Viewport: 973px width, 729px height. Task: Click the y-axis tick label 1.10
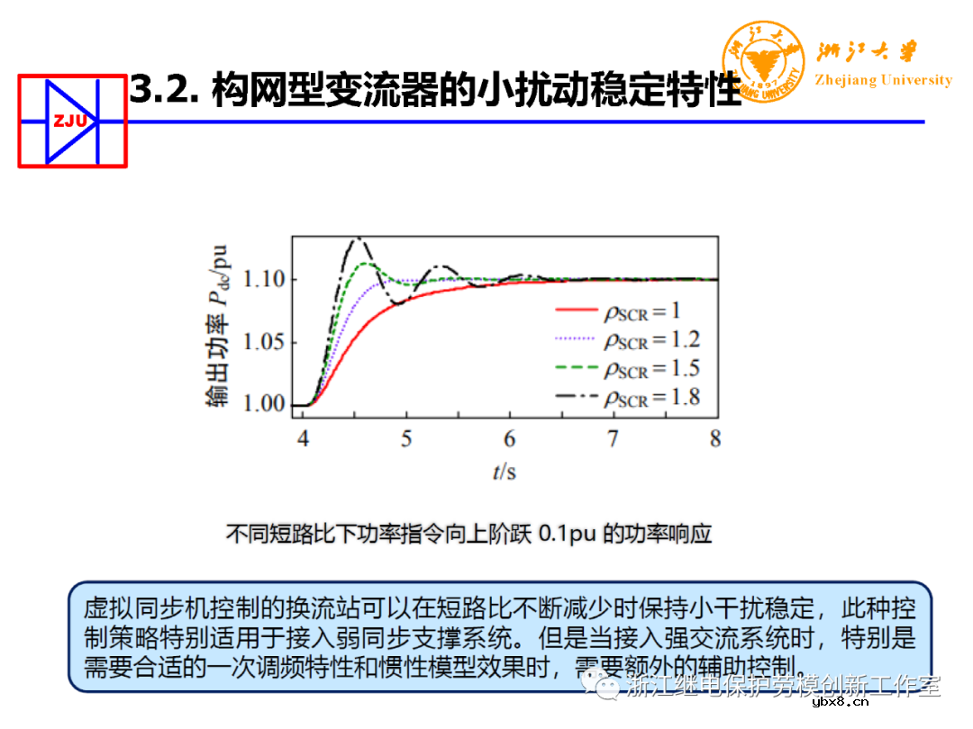pyautogui.click(x=264, y=279)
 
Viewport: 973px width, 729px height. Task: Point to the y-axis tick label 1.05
pyautogui.click(x=264, y=342)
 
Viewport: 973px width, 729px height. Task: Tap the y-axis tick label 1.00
pyautogui.click(x=264, y=404)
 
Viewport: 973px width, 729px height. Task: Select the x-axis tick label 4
pyautogui.click(x=304, y=439)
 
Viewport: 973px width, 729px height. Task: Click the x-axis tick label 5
pyautogui.click(x=406, y=439)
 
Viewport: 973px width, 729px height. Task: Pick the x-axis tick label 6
pyautogui.click(x=510, y=439)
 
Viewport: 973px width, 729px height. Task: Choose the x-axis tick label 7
pyautogui.click(x=613, y=439)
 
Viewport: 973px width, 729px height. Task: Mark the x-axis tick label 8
pyautogui.click(x=715, y=439)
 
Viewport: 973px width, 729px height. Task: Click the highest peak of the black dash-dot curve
pyautogui.click(x=358, y=238)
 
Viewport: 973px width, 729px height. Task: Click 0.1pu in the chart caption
pyautogui.click(x=567, y=534)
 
